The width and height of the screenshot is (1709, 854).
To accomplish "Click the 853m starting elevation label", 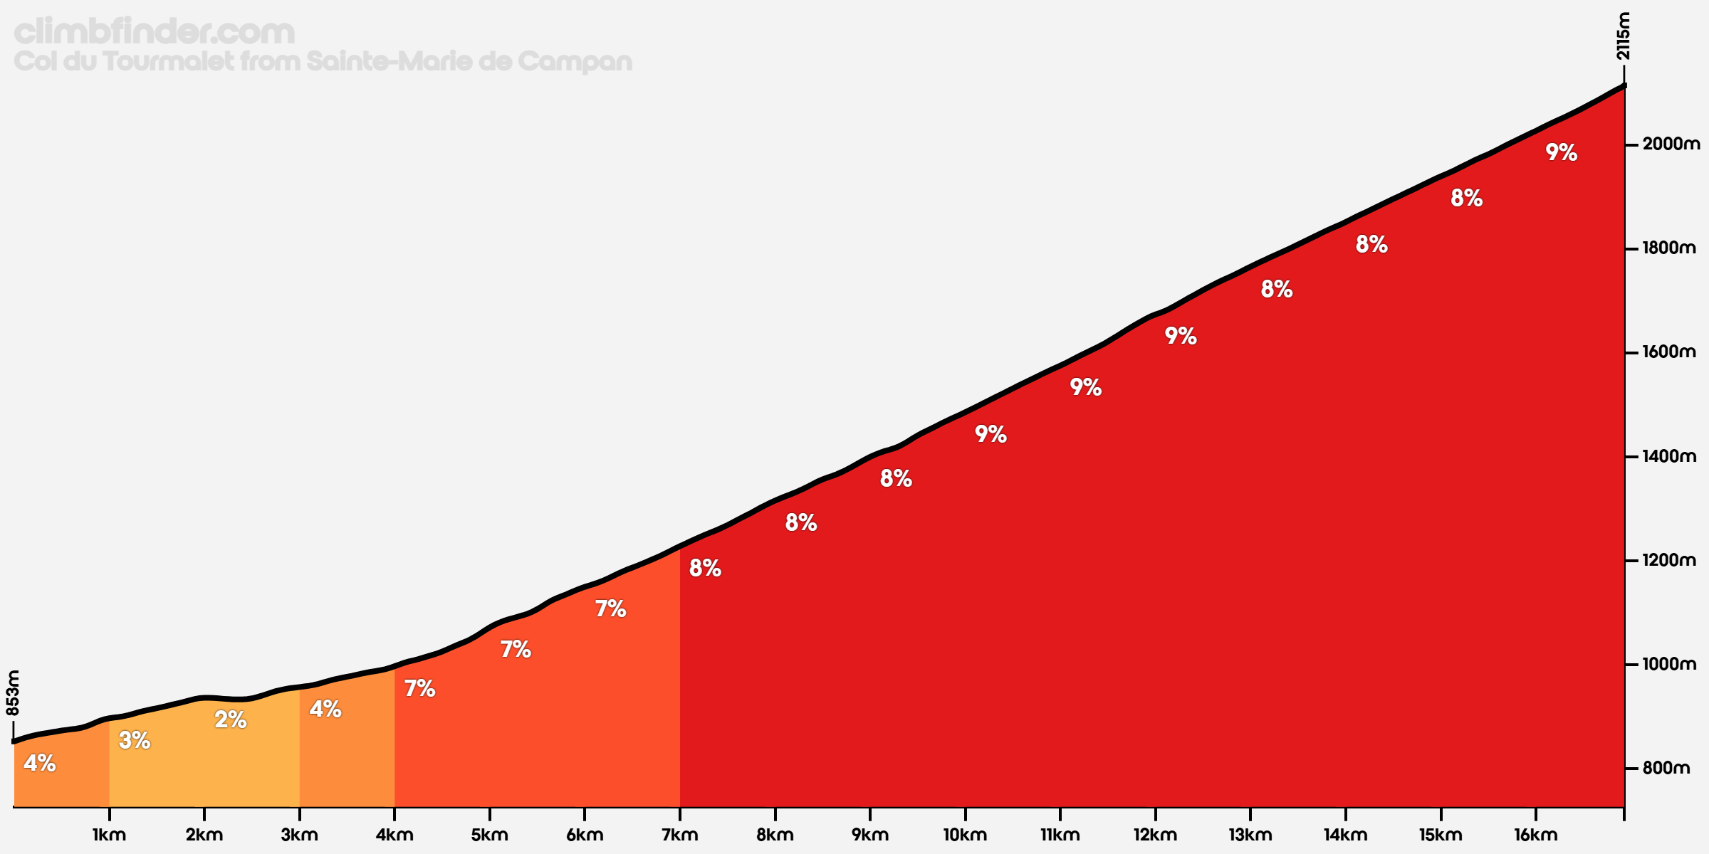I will click(x=13, y=693).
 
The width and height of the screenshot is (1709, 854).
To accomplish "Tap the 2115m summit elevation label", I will click(x=1623, y=36).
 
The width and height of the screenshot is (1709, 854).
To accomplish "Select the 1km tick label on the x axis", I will click(x=109, y=835).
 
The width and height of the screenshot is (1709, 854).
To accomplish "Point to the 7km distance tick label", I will click(x=679, y=835).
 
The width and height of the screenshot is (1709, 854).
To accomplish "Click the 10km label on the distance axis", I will click(x=965, y=835).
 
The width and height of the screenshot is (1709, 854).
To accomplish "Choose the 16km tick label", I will click(x=1535, y=835).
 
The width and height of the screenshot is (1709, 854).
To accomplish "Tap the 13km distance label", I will click(x=1250, y=835).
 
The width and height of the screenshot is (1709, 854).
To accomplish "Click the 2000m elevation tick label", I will click(x=1671, y=144).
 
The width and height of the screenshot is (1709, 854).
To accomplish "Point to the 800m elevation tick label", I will click(x=1666, y=769).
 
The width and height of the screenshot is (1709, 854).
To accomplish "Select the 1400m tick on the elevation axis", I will click(x=1669, y=456).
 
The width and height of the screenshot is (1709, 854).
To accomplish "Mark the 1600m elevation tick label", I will click(x=1669, y=352).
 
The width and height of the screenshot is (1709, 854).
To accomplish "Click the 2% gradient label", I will click(x=231, y=719).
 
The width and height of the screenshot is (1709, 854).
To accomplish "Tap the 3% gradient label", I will click(x=135, y=740).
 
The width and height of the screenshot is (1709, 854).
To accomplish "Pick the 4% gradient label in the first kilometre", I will click(x=40, y=763).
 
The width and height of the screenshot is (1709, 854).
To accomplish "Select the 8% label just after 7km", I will click(x=705, y=568).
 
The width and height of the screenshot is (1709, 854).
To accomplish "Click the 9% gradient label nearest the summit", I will click(x=1561, y=152).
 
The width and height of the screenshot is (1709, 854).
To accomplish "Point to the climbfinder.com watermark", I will click(x=154, y=31).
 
